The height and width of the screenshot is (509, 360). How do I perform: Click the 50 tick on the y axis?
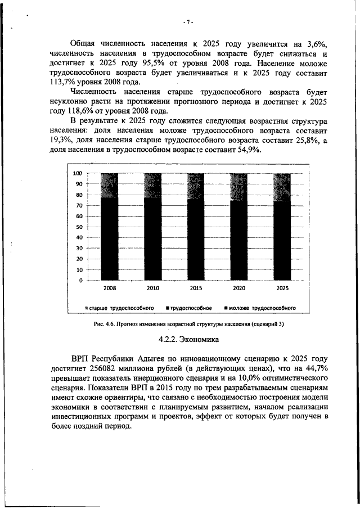click(x=79, y=227)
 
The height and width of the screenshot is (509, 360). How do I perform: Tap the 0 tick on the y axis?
click(x=81, y=280)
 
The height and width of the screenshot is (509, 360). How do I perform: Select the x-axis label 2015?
click(x=196, y=288)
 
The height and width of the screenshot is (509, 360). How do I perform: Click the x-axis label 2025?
click(x=282, y=288)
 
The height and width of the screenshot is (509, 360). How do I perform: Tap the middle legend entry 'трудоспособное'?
click(x=190, y=308)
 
